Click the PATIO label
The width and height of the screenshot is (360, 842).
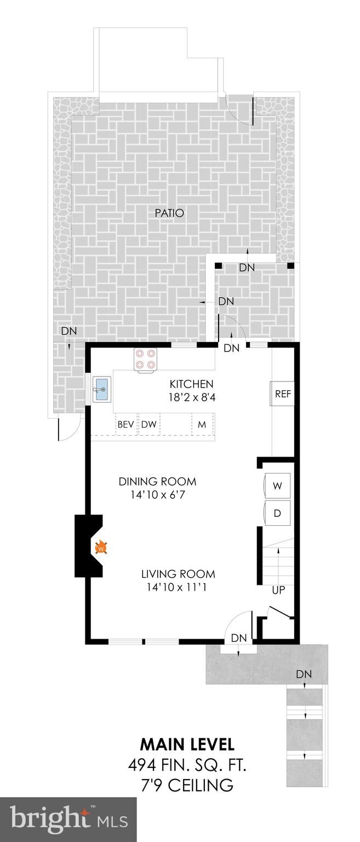(169, 213)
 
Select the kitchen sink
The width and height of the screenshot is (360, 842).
(102, 389)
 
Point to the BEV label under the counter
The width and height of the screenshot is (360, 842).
(125, 424)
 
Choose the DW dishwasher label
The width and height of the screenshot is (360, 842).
(148, 424)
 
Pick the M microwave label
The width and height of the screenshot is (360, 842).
(202, 424)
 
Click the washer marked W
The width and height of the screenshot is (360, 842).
(277, 486)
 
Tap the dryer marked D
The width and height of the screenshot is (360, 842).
(277, 514)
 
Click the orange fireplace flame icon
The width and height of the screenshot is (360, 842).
(101, 547)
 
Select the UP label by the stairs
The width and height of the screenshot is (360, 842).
(278, 591)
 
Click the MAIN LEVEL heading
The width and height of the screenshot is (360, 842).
(187, 744)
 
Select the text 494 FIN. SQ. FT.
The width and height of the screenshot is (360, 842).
(187, 764)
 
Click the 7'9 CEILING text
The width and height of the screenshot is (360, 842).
(187, 785)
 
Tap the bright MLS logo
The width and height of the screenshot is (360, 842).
(68, 820)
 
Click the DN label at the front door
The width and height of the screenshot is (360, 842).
(238, 638)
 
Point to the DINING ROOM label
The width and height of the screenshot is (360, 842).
(157, 482)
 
